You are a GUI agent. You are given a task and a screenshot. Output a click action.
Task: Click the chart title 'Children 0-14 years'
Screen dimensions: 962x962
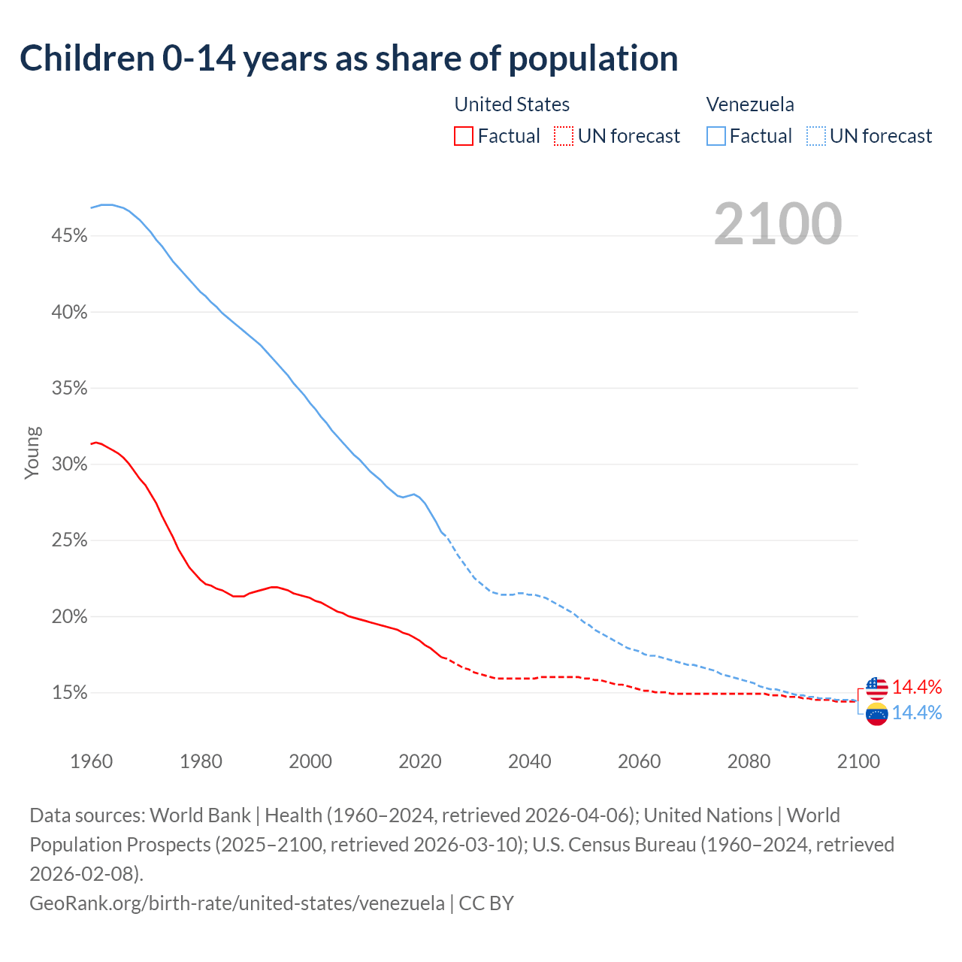[349, 59]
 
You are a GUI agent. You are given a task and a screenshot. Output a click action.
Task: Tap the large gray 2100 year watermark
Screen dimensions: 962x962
[778, 224]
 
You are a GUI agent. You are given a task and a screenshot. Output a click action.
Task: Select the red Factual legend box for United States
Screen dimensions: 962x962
[464, 136]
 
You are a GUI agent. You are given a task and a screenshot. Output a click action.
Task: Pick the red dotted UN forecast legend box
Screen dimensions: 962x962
[563, 136]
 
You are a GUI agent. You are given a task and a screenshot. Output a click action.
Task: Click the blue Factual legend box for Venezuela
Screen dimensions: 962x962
[716, 136]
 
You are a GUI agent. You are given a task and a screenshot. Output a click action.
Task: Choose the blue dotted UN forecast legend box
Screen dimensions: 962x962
[815, 136]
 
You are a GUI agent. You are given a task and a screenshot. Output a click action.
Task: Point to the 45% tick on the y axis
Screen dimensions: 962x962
[69, 236]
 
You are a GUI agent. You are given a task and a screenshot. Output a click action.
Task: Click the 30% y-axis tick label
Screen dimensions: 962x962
[69, 464]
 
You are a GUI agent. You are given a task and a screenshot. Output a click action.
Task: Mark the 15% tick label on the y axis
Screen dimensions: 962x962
[69, 693]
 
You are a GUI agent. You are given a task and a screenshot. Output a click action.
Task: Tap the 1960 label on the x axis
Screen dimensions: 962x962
[91, 761]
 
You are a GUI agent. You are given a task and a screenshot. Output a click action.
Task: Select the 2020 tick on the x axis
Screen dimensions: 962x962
[419, 761]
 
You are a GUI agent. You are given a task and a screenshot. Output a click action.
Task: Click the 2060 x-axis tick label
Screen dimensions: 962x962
[639, 761]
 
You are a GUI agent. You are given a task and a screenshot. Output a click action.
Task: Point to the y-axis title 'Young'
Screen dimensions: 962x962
[32, 452]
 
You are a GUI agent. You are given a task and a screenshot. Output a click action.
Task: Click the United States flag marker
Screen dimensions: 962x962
[876, 687]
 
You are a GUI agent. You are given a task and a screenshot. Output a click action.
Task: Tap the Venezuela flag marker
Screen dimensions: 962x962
[876, 713]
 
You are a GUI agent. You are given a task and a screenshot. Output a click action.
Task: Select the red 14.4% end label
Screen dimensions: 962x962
[917, 687]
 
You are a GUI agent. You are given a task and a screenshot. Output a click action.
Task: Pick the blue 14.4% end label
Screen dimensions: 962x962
[917, 713]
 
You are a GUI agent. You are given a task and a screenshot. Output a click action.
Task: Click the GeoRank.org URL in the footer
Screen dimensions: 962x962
[237, 903]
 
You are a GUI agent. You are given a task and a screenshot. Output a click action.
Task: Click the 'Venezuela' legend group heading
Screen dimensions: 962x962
[750, 104]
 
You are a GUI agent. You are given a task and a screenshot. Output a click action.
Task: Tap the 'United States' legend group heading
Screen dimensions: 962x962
[512, 104]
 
